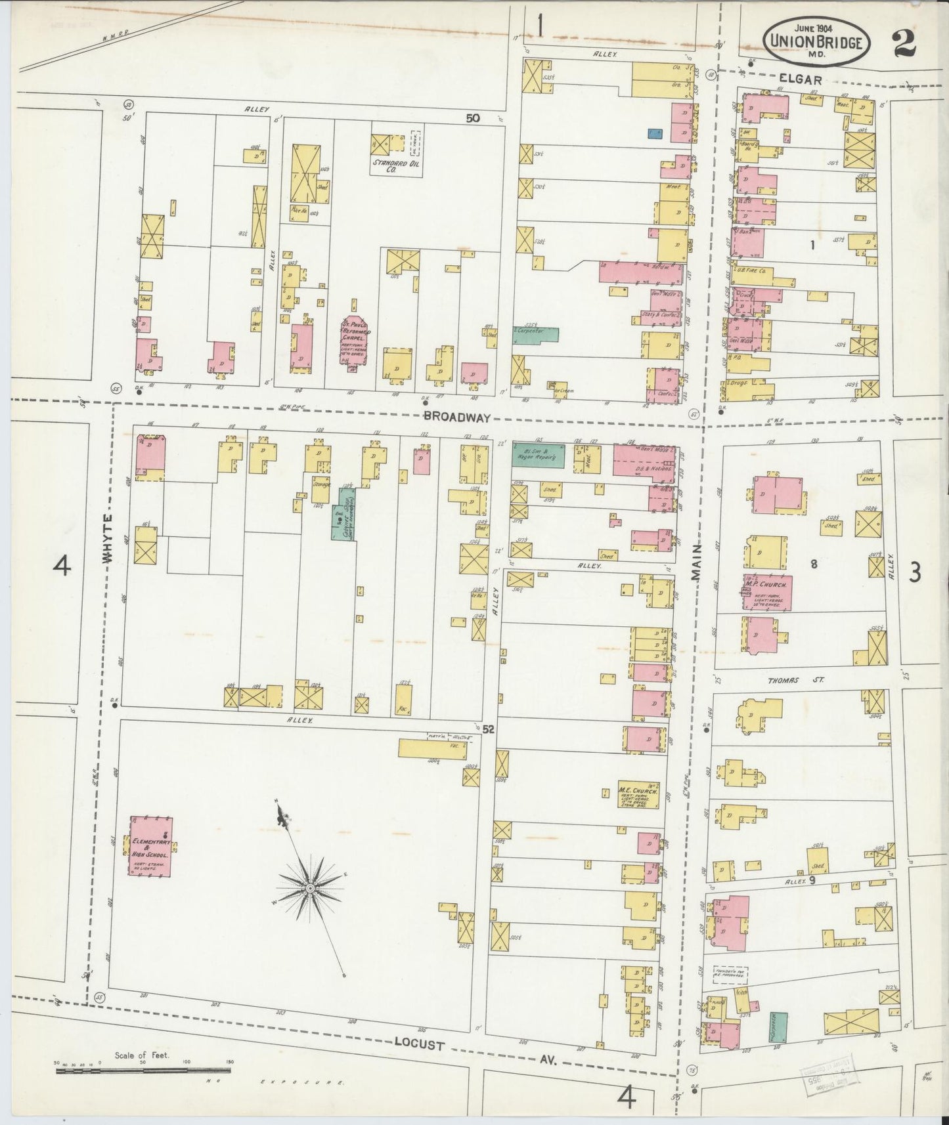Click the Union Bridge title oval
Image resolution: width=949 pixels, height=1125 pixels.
(x=817, y=41)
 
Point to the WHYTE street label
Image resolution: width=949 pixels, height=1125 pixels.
(x=108, y=537)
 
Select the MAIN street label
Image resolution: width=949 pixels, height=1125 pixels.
(x=696, y=561)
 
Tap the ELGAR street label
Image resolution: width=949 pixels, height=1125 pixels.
(x=803, y=79)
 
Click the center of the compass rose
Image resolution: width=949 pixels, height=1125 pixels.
(x=308, y=888)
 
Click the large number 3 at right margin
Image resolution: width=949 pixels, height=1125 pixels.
(x=914, y=573)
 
